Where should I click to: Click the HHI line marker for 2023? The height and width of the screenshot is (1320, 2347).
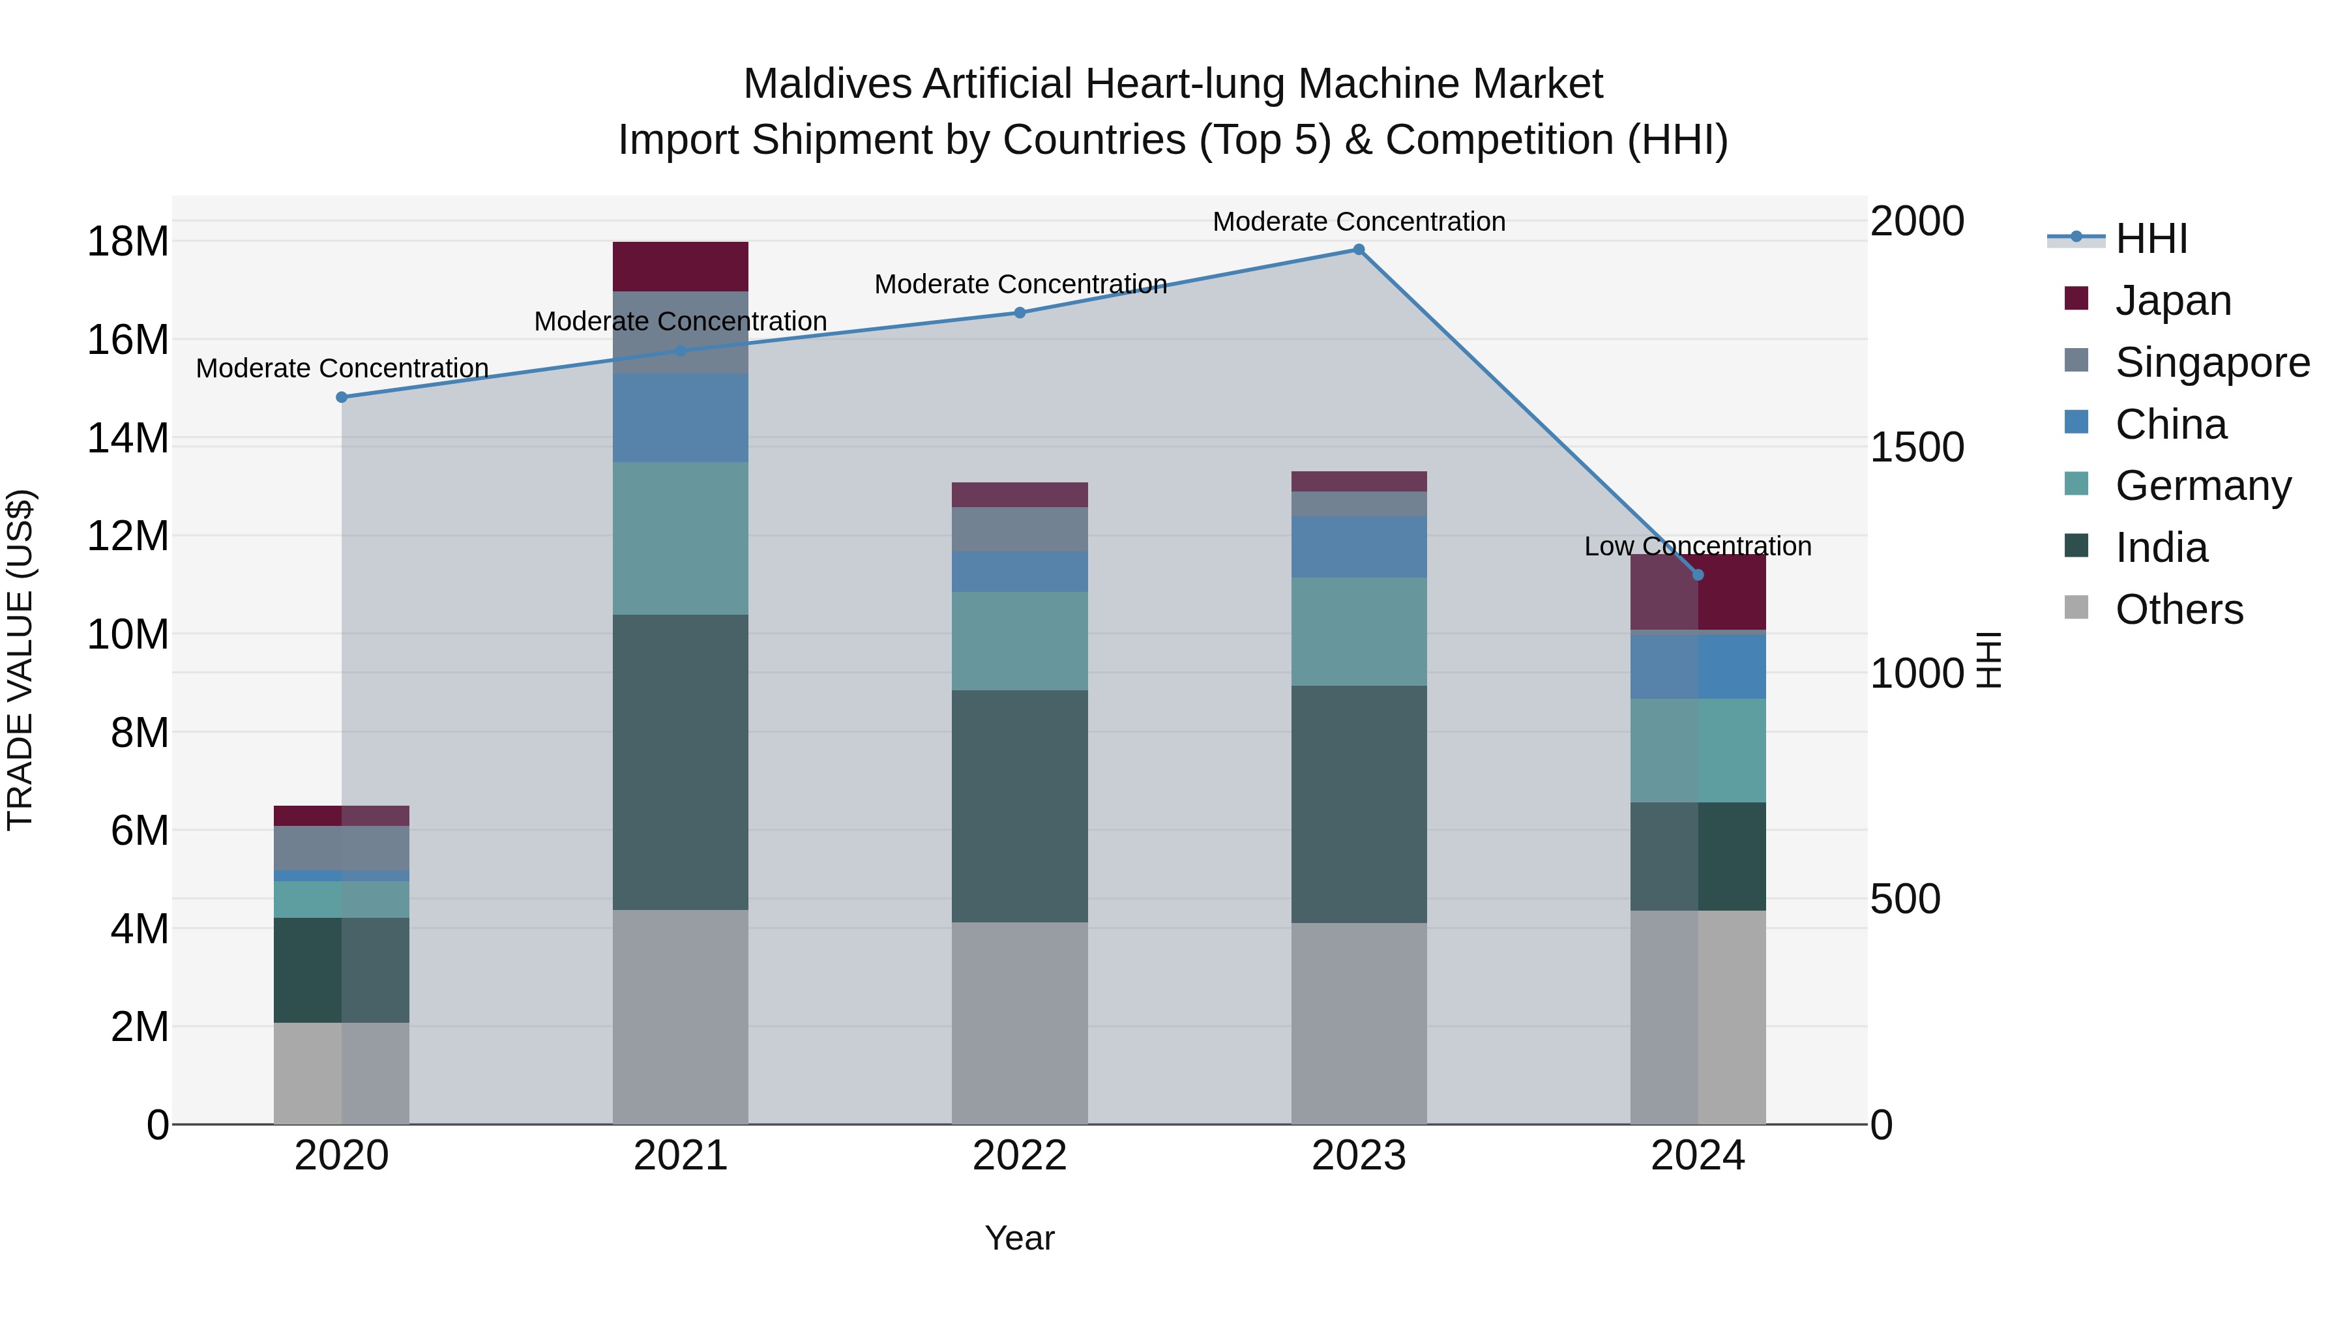[x=1359, y=250]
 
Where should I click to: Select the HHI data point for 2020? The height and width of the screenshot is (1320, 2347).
[x=342, y=397]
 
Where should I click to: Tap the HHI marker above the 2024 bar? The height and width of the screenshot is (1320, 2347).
[x=1698, y=575]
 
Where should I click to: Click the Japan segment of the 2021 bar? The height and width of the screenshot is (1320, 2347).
[x=681, y=266]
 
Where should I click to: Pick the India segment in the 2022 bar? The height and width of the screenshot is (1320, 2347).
[x=1020, y=806]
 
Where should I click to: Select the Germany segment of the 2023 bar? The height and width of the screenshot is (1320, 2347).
[x=1359, y=631]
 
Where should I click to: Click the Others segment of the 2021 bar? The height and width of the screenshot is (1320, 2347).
[x=681, y=1017]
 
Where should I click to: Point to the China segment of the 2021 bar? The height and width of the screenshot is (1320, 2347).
[x=681, y=417]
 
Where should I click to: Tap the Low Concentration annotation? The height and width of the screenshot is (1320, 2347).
[x=1698, y=547]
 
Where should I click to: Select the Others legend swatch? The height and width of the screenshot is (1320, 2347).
[x=2076, y=608]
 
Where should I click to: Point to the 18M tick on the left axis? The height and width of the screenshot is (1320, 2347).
[x=128, y=242]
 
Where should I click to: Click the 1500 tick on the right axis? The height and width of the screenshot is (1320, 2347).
[x=1917, y=447]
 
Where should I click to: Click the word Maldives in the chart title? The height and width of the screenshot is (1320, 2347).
[x=827, y=84]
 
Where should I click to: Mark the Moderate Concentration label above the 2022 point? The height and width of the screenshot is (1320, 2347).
[x=1020, y=284]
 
